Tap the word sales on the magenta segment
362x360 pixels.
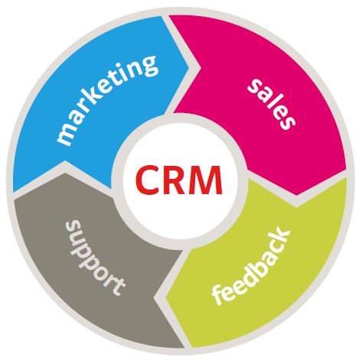(x=272, y=104)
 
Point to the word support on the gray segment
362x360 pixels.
(x=95, y=258)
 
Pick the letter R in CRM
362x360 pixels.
(x=178, y=180)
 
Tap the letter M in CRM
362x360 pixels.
(x=207, y=180)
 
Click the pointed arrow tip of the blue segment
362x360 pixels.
(x=189, y=67)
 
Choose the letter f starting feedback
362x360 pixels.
(x=219, y=296)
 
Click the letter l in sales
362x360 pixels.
(x=271, y=102)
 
